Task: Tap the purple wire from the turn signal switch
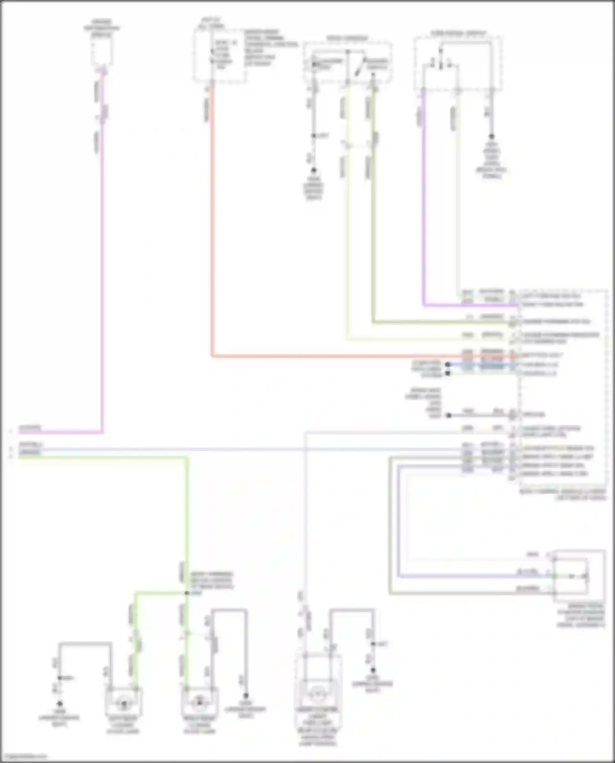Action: click(423, 205)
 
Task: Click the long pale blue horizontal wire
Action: click(246, 450)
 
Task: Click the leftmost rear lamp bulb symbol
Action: click(123, 704)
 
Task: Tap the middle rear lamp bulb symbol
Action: click(199, 702)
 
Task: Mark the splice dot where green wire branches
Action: click(187, 593)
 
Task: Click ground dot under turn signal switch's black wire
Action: click(491, 137)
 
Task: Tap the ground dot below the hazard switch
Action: click(314, 170)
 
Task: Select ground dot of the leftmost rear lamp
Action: click(59, 703)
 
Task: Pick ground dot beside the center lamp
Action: click(373, 670)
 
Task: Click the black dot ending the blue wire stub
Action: click(448, 364)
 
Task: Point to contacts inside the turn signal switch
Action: click(441, 64)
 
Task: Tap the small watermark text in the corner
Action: click(25, 756)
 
